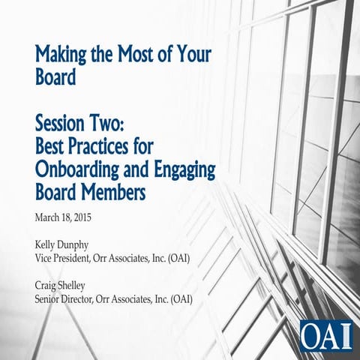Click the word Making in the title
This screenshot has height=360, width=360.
62,55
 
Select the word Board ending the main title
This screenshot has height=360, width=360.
55,78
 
